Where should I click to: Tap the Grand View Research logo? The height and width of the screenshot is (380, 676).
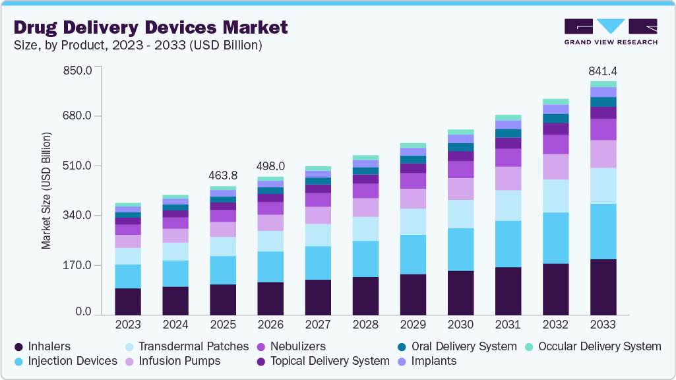(x=611, y=32)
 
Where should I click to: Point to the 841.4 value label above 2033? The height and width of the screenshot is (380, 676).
(x=602, y=71)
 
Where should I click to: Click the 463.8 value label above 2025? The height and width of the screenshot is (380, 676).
(x=223, y=175)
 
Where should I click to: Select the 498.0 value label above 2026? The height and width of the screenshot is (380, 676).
(x=270, y=166)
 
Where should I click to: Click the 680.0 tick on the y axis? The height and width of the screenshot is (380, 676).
(x=77, y=116)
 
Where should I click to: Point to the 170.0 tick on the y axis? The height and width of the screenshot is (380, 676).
(x=77, y=265)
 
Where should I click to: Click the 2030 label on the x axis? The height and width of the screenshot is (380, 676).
(x=460, y=325)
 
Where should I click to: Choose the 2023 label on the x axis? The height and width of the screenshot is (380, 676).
(x=128, y=325)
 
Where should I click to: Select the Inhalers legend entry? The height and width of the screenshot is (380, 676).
(x=43, y=346)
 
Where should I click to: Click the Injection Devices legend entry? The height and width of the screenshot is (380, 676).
(x=65, y=361)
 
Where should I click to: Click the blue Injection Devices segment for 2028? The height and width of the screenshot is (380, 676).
(x=365, y=259)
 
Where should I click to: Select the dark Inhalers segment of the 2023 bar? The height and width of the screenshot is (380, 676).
(x=128, y=301)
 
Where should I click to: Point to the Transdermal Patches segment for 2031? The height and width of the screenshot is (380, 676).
(x=508, y=205)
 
